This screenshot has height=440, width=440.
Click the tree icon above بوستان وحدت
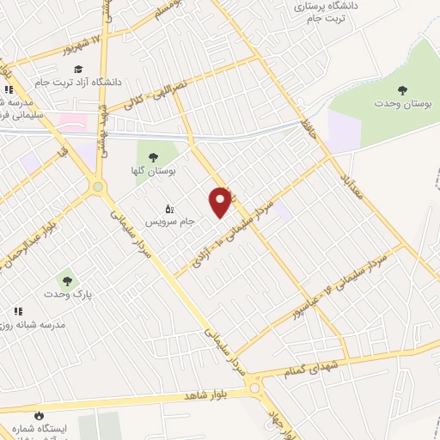[402, 89]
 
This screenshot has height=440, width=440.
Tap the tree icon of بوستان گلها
[153, 157]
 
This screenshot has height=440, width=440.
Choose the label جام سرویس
[168, 221]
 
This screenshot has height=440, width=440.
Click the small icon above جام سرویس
[168, 208]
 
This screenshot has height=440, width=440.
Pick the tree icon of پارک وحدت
[66, 280]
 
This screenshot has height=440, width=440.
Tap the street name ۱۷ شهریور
[79, 42]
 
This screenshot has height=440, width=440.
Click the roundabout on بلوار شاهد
[255, 388]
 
